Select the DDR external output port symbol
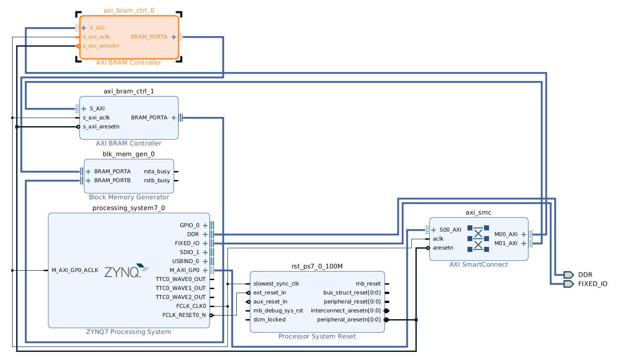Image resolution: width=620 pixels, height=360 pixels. pos(568,275)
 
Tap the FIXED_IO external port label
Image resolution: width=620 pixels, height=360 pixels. pos(592,284)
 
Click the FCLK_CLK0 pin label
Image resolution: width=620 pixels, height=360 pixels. pos(191,306)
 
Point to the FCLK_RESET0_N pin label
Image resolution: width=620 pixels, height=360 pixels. pos(184,315)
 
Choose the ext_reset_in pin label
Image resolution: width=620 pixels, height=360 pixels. pos(269,293)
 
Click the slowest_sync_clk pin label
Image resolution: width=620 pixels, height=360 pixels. pos(276,284)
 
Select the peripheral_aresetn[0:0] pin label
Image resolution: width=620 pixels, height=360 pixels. pos(349,320)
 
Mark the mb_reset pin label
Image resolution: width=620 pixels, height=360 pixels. pos(368,284)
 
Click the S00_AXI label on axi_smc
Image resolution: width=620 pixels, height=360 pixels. pos(450,230)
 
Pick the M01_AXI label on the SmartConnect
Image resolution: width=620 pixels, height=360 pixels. pos(506,243)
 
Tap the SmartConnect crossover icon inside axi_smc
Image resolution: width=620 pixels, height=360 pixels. pos(478,238)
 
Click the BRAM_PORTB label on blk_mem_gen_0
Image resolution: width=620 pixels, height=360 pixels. pos(112,180)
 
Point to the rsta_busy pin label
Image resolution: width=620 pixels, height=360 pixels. pos(157,171)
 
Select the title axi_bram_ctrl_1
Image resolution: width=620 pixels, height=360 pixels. pos(129,91)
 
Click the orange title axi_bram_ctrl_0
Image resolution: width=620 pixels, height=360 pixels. pos(129,10)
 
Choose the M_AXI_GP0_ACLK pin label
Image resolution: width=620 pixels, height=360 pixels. pos(74,270)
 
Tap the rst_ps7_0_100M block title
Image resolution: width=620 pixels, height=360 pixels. pos(317,266)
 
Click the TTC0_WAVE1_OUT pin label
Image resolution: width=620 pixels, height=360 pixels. pos(180,288)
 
